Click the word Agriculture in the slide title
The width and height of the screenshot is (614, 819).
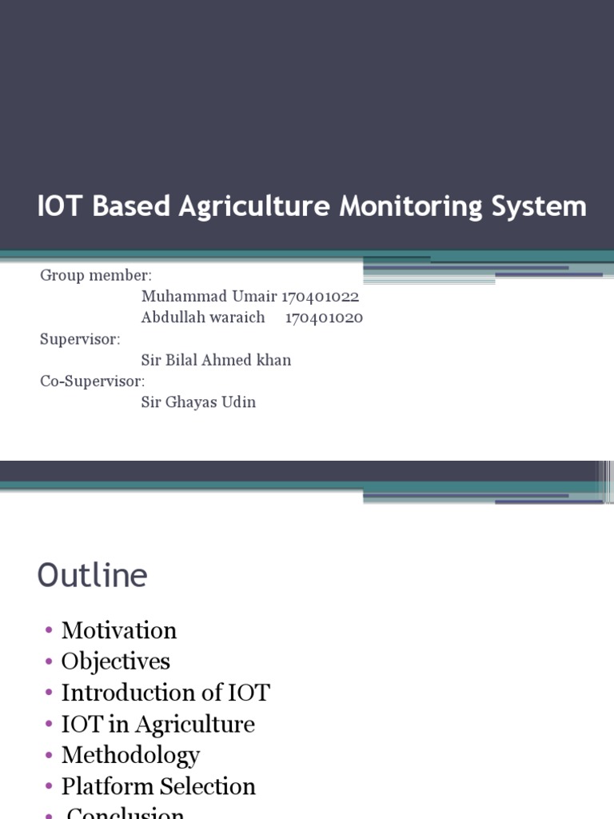point(254,207)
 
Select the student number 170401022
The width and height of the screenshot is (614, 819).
point(320,297)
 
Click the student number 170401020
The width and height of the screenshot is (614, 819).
point(324,318)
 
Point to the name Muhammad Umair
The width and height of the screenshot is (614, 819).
point(209,297)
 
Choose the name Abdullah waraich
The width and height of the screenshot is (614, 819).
point(203,318)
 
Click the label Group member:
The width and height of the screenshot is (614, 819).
point(96,276)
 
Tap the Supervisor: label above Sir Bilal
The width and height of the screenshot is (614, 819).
point(80,339)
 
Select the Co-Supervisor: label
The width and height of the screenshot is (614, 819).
point(93,381)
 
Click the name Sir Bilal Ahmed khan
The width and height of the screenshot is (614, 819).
point(216,360)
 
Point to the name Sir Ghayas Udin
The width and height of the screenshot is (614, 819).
point(198,402)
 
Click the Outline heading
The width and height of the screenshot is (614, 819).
point(93,576)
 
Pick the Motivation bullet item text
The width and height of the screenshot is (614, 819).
point(119,630)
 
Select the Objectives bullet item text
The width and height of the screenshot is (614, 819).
point(116,661)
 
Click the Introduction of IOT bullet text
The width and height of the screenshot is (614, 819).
point(165,693)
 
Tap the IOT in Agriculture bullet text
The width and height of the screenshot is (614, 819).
point(158,724)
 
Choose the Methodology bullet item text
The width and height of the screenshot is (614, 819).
point(130,755)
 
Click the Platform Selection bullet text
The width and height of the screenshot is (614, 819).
point(158,786)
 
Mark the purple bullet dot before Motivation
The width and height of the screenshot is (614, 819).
point(50,631)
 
